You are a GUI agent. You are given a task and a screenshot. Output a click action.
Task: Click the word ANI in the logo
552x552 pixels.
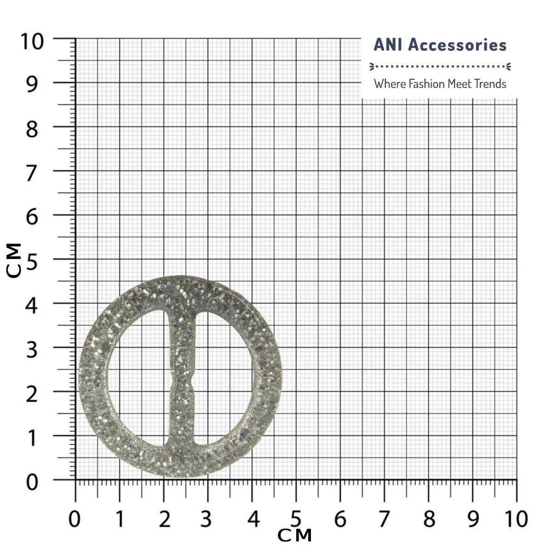[388, 45]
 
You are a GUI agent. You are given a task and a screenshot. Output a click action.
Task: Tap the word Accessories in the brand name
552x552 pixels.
[457, 45]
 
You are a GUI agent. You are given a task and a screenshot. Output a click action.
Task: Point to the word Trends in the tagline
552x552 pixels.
[490, 84]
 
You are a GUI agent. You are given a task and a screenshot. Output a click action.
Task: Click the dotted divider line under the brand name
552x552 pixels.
[440, 66]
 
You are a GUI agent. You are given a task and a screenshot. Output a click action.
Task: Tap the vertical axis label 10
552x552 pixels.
[32, 42]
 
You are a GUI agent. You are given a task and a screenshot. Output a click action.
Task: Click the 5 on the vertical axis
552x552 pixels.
[32, 262]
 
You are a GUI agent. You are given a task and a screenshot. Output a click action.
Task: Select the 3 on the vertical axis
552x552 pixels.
[32, 350]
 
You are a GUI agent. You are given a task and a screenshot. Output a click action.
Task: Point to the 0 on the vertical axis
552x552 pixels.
[32, 483]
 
